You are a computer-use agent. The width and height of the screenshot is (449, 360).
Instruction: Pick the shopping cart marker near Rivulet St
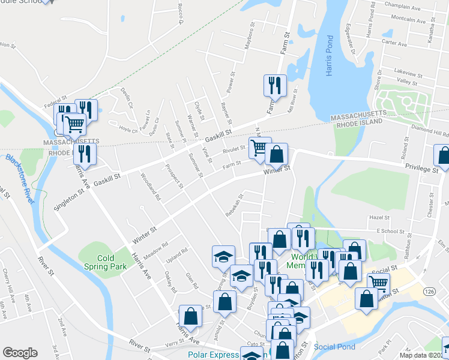click(x=259, y=147)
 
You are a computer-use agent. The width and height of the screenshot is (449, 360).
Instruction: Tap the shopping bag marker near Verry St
click(x=190, y=316)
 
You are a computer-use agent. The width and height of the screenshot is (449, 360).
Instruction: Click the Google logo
click(x=20, y=353)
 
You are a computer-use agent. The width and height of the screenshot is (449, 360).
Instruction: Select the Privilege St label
click(x=423, y=169)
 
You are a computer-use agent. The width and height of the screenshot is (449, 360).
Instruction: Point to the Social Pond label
click(x=334, y=347)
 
